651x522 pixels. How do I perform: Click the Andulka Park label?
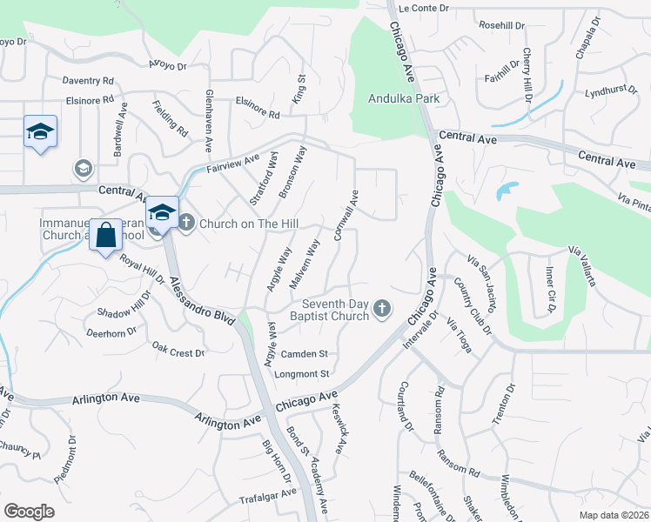pos(404,98)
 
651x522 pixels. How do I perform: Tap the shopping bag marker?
pos(105,235)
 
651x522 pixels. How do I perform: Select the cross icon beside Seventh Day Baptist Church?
pos(381,308)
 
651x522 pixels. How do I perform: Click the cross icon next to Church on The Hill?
pos(186,224)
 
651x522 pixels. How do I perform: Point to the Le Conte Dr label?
pos(423,8)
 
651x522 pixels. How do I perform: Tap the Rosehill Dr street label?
pos(502,25)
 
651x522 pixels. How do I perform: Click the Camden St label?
pos(304,354)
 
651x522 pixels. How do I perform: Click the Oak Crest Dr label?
pos(178,353)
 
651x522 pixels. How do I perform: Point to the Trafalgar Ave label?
pos(268,501)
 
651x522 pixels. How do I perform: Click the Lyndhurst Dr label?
pos(606,91)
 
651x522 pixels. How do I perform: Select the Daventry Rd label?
pos(88,81)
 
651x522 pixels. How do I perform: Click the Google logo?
pos(29,512)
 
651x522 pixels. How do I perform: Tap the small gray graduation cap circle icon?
pos(84,167)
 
